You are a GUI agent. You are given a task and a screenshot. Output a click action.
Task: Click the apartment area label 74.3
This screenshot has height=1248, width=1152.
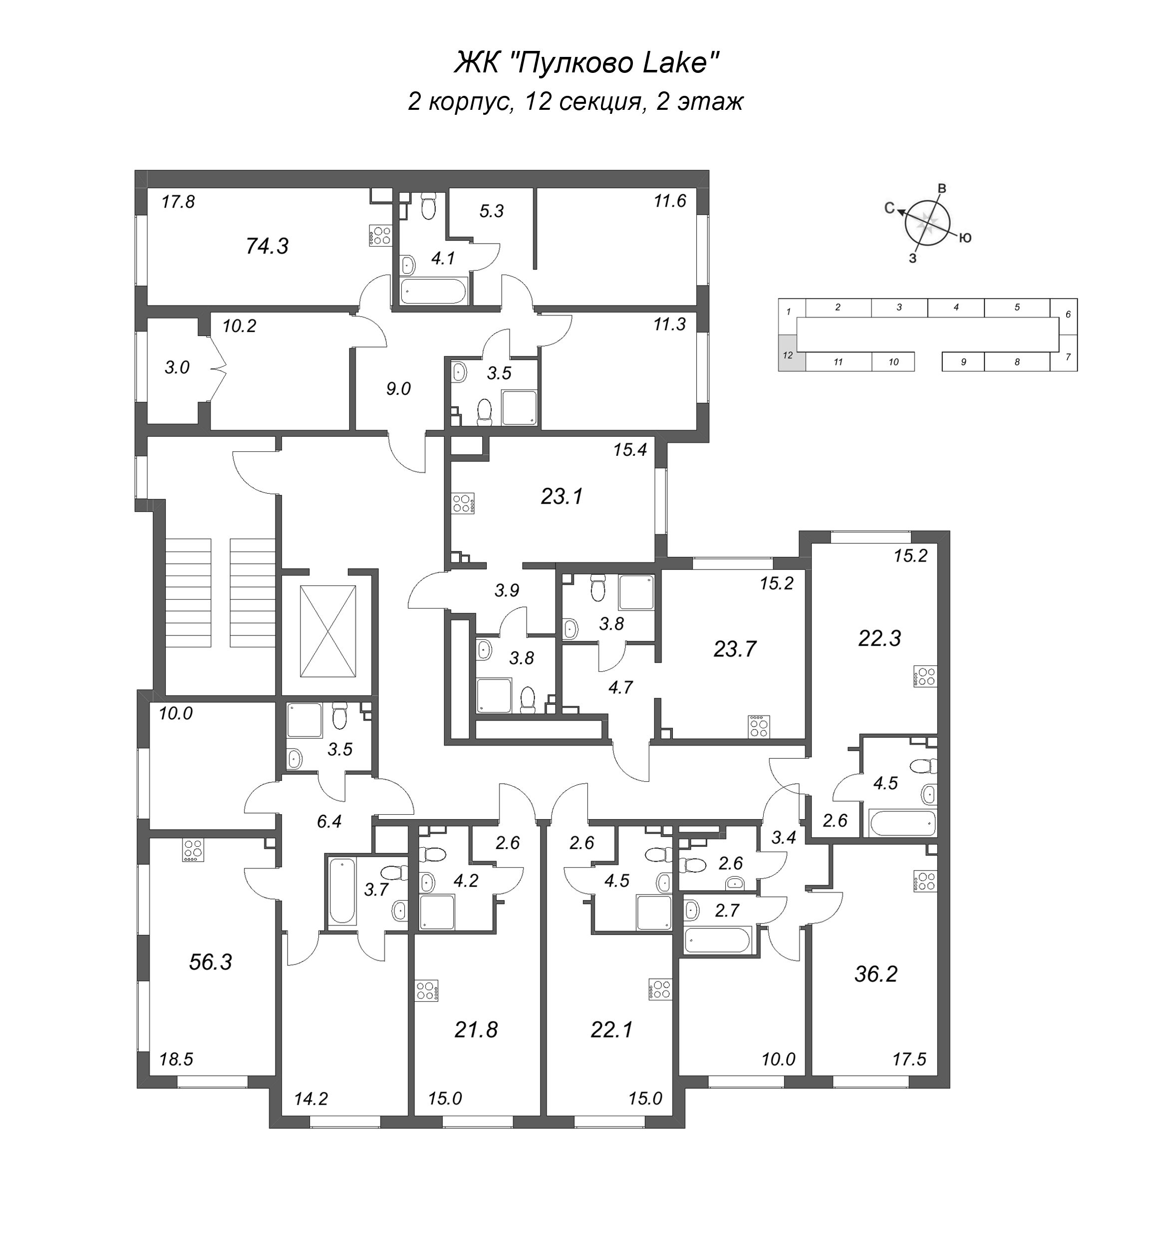click(267, 247)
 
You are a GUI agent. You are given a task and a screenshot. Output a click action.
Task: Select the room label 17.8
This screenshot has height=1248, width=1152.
click(178, 202)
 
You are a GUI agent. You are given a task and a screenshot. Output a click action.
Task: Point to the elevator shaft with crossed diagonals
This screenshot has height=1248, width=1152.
click(328, 631)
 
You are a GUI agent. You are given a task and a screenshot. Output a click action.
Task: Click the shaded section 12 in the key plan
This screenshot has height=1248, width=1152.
click(788, 353)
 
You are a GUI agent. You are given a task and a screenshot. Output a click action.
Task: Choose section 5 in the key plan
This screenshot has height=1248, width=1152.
click(1017, 308)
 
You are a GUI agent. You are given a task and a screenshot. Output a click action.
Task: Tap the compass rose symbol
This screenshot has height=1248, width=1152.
click(929, 223)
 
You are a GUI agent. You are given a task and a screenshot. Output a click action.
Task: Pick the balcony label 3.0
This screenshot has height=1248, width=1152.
click(177, 368)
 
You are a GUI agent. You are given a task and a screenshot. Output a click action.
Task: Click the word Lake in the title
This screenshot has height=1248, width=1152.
click(669, 63)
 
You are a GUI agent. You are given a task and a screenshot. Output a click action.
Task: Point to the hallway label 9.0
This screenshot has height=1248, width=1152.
click(398, 389)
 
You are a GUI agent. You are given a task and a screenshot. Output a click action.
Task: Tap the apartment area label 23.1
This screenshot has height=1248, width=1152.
click(562, 497)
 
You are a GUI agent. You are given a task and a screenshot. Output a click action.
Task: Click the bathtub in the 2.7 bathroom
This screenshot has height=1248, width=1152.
click(718, 940)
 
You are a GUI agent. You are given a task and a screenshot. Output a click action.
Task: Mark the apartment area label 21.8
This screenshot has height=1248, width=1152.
click(476, 1030)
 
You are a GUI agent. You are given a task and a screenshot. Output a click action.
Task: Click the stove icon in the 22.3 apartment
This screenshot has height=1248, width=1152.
click(925, 676)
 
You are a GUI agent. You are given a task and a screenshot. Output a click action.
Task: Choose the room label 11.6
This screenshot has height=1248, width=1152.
click(670, 201)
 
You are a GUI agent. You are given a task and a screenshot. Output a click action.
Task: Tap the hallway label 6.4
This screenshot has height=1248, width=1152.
click(329, 822)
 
